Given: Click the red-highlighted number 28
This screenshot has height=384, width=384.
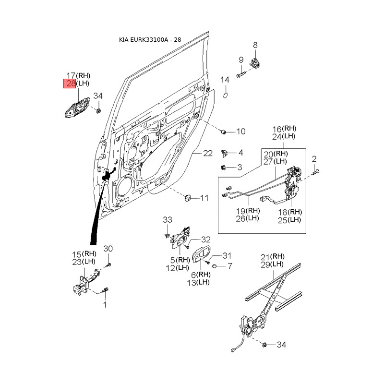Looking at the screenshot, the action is tap(71, 84).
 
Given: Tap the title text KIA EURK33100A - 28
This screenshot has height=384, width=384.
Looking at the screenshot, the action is tap(150, 40).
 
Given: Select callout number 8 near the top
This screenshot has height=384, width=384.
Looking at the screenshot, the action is tap(255, 45).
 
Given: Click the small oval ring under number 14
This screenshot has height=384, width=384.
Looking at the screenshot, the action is tap(225, 95).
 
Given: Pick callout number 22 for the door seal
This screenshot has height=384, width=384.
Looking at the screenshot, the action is tap(208, 153).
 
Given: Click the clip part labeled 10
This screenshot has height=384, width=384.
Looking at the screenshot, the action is tap(223, 132).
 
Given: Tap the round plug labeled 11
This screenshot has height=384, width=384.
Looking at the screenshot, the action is tap(188, 197).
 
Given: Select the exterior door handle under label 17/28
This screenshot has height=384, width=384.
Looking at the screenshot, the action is tap(77, 108).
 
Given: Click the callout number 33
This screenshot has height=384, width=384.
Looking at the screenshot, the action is tap(168, 220).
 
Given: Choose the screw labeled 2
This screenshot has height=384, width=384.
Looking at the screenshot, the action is tap(315, 172).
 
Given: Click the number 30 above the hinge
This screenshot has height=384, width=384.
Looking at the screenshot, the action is tap(108, 249).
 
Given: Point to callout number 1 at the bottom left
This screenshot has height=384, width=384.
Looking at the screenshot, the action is tap(105, 305).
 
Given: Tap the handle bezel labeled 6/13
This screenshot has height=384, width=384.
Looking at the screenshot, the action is tap(201, 256).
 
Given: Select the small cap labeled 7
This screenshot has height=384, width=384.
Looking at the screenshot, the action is tap(213, 266).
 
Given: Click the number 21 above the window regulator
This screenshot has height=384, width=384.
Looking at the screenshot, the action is tap(265, 257).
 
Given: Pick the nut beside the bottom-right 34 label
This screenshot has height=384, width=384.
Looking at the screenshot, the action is tap(264, 345).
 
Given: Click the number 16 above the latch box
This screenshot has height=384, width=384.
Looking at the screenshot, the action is tap(277, 129).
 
